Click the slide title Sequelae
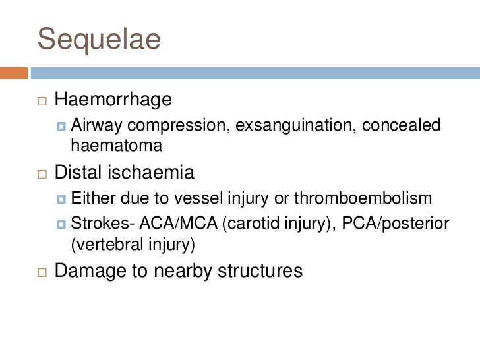tap(99, 39)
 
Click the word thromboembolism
tap(370, 198)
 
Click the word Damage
tap(90, 270)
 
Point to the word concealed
tap(405, 124)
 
